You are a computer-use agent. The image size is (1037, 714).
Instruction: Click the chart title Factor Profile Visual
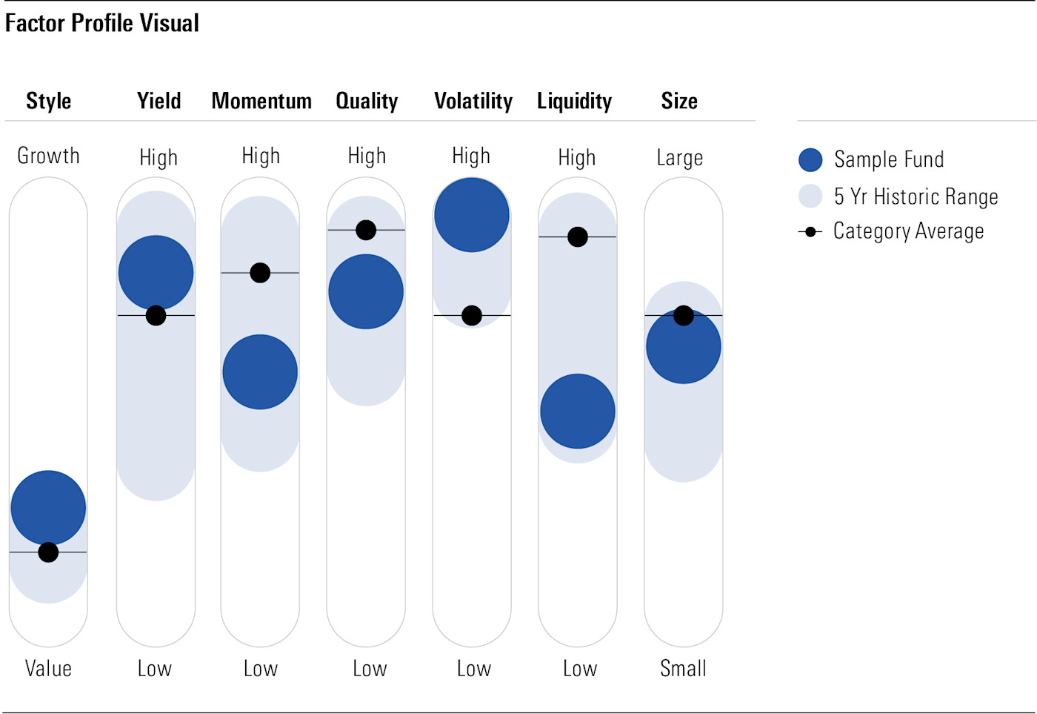point(102,23)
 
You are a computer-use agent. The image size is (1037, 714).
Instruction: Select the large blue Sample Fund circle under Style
point(48,508)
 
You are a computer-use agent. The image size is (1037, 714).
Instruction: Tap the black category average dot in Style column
point(48,552)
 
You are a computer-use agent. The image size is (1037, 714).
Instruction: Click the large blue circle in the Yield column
point(156,272)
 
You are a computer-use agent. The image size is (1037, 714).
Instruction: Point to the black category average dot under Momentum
point(260,273)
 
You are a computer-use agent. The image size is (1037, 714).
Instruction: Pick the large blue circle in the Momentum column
point(260,372)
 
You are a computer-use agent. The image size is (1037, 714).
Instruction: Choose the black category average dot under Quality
point(366,230)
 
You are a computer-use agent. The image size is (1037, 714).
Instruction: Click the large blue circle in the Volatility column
point(472,215)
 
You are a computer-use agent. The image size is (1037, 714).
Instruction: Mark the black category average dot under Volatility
point(472,316)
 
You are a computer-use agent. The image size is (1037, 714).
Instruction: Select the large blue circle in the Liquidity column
point(578,411)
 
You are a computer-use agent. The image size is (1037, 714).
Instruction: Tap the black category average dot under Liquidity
point(578,237)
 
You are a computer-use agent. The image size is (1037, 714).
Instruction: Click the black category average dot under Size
point(684,316)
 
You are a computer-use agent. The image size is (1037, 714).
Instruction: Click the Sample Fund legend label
point(889,159)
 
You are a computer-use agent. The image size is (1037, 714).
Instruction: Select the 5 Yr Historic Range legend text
point(916,196)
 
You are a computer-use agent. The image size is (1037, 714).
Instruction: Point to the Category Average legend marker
point(810,232)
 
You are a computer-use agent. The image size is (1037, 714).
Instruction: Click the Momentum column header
point(261,101)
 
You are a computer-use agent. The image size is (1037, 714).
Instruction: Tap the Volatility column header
point(473,101)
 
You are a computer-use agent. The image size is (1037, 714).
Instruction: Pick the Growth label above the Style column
point(48,156)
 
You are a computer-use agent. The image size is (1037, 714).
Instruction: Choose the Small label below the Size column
point(683,668)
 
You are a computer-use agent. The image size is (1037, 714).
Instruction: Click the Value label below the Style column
point(48,668)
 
